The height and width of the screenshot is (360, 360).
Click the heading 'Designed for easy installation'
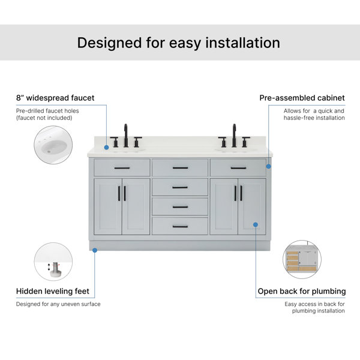point(179,43)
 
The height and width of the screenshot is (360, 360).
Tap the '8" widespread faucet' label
point(55,98)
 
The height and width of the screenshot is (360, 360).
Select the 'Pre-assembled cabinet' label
point(302,98)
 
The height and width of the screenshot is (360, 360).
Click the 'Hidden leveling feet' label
point(53,291)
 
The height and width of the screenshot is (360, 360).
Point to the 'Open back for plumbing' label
point(302,292)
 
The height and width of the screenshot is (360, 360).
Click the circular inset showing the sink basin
point(53,145)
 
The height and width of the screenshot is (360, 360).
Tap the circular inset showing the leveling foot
point(53,262)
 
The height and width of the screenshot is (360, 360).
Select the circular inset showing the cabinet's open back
point(302,259)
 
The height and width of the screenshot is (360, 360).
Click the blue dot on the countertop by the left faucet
point(106,148)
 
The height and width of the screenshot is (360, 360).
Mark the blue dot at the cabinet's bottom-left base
point(95,250)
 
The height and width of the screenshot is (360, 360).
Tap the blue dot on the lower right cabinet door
point(256,224)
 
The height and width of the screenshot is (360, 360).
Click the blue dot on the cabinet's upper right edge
point(268,166)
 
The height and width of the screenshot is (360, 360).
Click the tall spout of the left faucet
point(126,136)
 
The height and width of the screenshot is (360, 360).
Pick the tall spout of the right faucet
point(234,136)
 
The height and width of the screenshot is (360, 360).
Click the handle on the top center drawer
point(180,168)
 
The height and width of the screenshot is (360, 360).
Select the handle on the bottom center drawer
point(180,227)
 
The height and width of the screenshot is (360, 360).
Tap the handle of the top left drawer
point(122,168)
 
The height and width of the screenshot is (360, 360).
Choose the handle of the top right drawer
point(238,168)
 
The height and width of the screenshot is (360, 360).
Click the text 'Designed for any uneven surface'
point(58,304)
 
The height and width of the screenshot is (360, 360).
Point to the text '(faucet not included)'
point(44,118)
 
